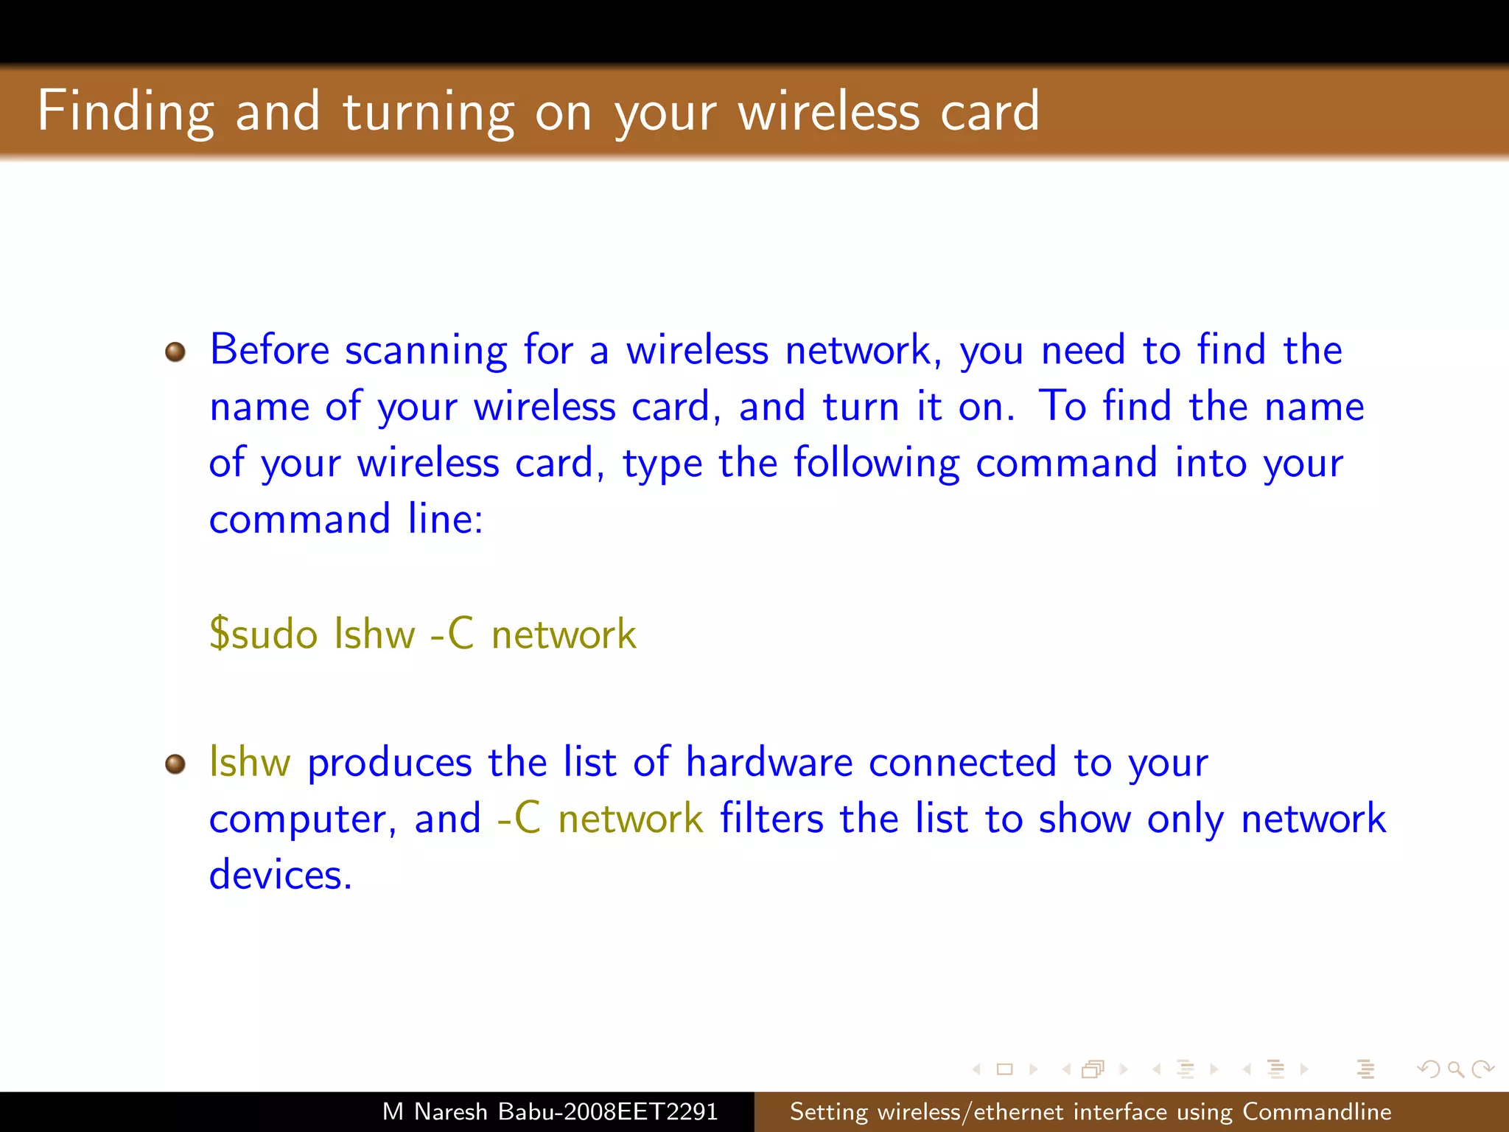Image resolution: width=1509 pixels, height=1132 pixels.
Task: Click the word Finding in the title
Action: click(x=125, y=112)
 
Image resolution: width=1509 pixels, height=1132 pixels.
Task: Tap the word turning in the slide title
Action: click(x=428, y=112)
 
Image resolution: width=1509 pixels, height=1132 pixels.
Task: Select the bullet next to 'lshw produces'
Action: click(x=175, y=764)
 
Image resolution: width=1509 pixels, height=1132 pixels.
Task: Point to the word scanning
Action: click(x=426, y=351)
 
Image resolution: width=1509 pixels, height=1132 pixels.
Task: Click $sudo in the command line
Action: click(x=263, y=634)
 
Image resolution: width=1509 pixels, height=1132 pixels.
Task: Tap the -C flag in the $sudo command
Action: click(x=451, y=634)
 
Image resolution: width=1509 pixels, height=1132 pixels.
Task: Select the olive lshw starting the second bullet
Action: click(x=250, y=762)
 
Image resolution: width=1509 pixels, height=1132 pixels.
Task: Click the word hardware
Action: click(x=768, y=762)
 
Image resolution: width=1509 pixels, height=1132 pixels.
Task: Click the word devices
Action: click(x=280, y=875)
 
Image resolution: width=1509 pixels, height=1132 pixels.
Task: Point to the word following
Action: click(x=876, y=464)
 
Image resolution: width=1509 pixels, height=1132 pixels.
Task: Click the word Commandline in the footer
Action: click(x=1317, y=1111)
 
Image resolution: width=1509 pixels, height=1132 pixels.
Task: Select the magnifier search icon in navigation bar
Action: click(x=1455, y=1069)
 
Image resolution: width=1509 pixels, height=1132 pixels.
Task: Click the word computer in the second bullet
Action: click(x=302, y=820)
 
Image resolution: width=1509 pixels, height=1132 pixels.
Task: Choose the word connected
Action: click(x=962, y=762)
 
